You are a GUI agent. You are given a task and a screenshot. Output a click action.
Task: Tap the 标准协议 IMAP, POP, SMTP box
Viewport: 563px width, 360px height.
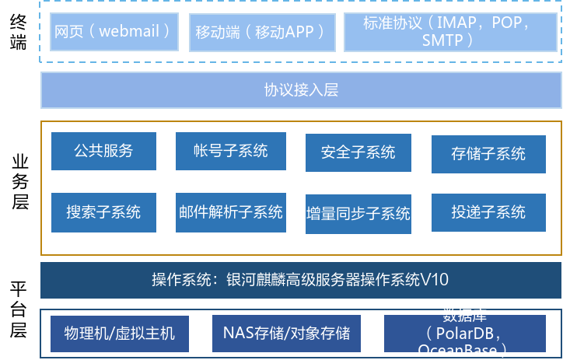pos(450,32)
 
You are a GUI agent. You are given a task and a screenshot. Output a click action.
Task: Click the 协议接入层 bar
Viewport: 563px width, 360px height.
pos(301,90)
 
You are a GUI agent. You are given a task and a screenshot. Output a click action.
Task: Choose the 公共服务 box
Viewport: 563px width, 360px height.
pos(103,151)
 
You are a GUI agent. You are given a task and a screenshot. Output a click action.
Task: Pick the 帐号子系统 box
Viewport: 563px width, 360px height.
pos(230,151)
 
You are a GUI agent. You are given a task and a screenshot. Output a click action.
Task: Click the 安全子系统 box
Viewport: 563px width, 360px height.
pos(358,152)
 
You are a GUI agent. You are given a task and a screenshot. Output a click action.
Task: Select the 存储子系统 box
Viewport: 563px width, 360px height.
pos(488,153)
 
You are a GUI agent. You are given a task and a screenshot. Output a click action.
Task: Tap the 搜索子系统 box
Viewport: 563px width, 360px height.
pos(103,211)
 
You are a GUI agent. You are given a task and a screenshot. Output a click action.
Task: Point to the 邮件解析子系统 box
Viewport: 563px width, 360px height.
pos(230,211)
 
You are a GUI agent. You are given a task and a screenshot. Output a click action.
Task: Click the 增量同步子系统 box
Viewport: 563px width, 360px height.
pos(358,213)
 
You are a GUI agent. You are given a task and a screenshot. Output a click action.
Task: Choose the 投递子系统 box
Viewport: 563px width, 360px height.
pos(488,211)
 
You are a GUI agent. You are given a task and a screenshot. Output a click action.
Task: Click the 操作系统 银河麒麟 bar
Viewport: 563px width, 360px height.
pos(301,280)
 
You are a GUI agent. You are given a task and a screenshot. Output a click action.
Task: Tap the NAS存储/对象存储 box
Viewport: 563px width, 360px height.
pos(286,334)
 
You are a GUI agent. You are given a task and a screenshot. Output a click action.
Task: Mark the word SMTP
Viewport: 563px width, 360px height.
pos(442,40)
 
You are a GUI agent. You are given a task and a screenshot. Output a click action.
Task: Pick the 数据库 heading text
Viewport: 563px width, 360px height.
pos(464,316)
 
